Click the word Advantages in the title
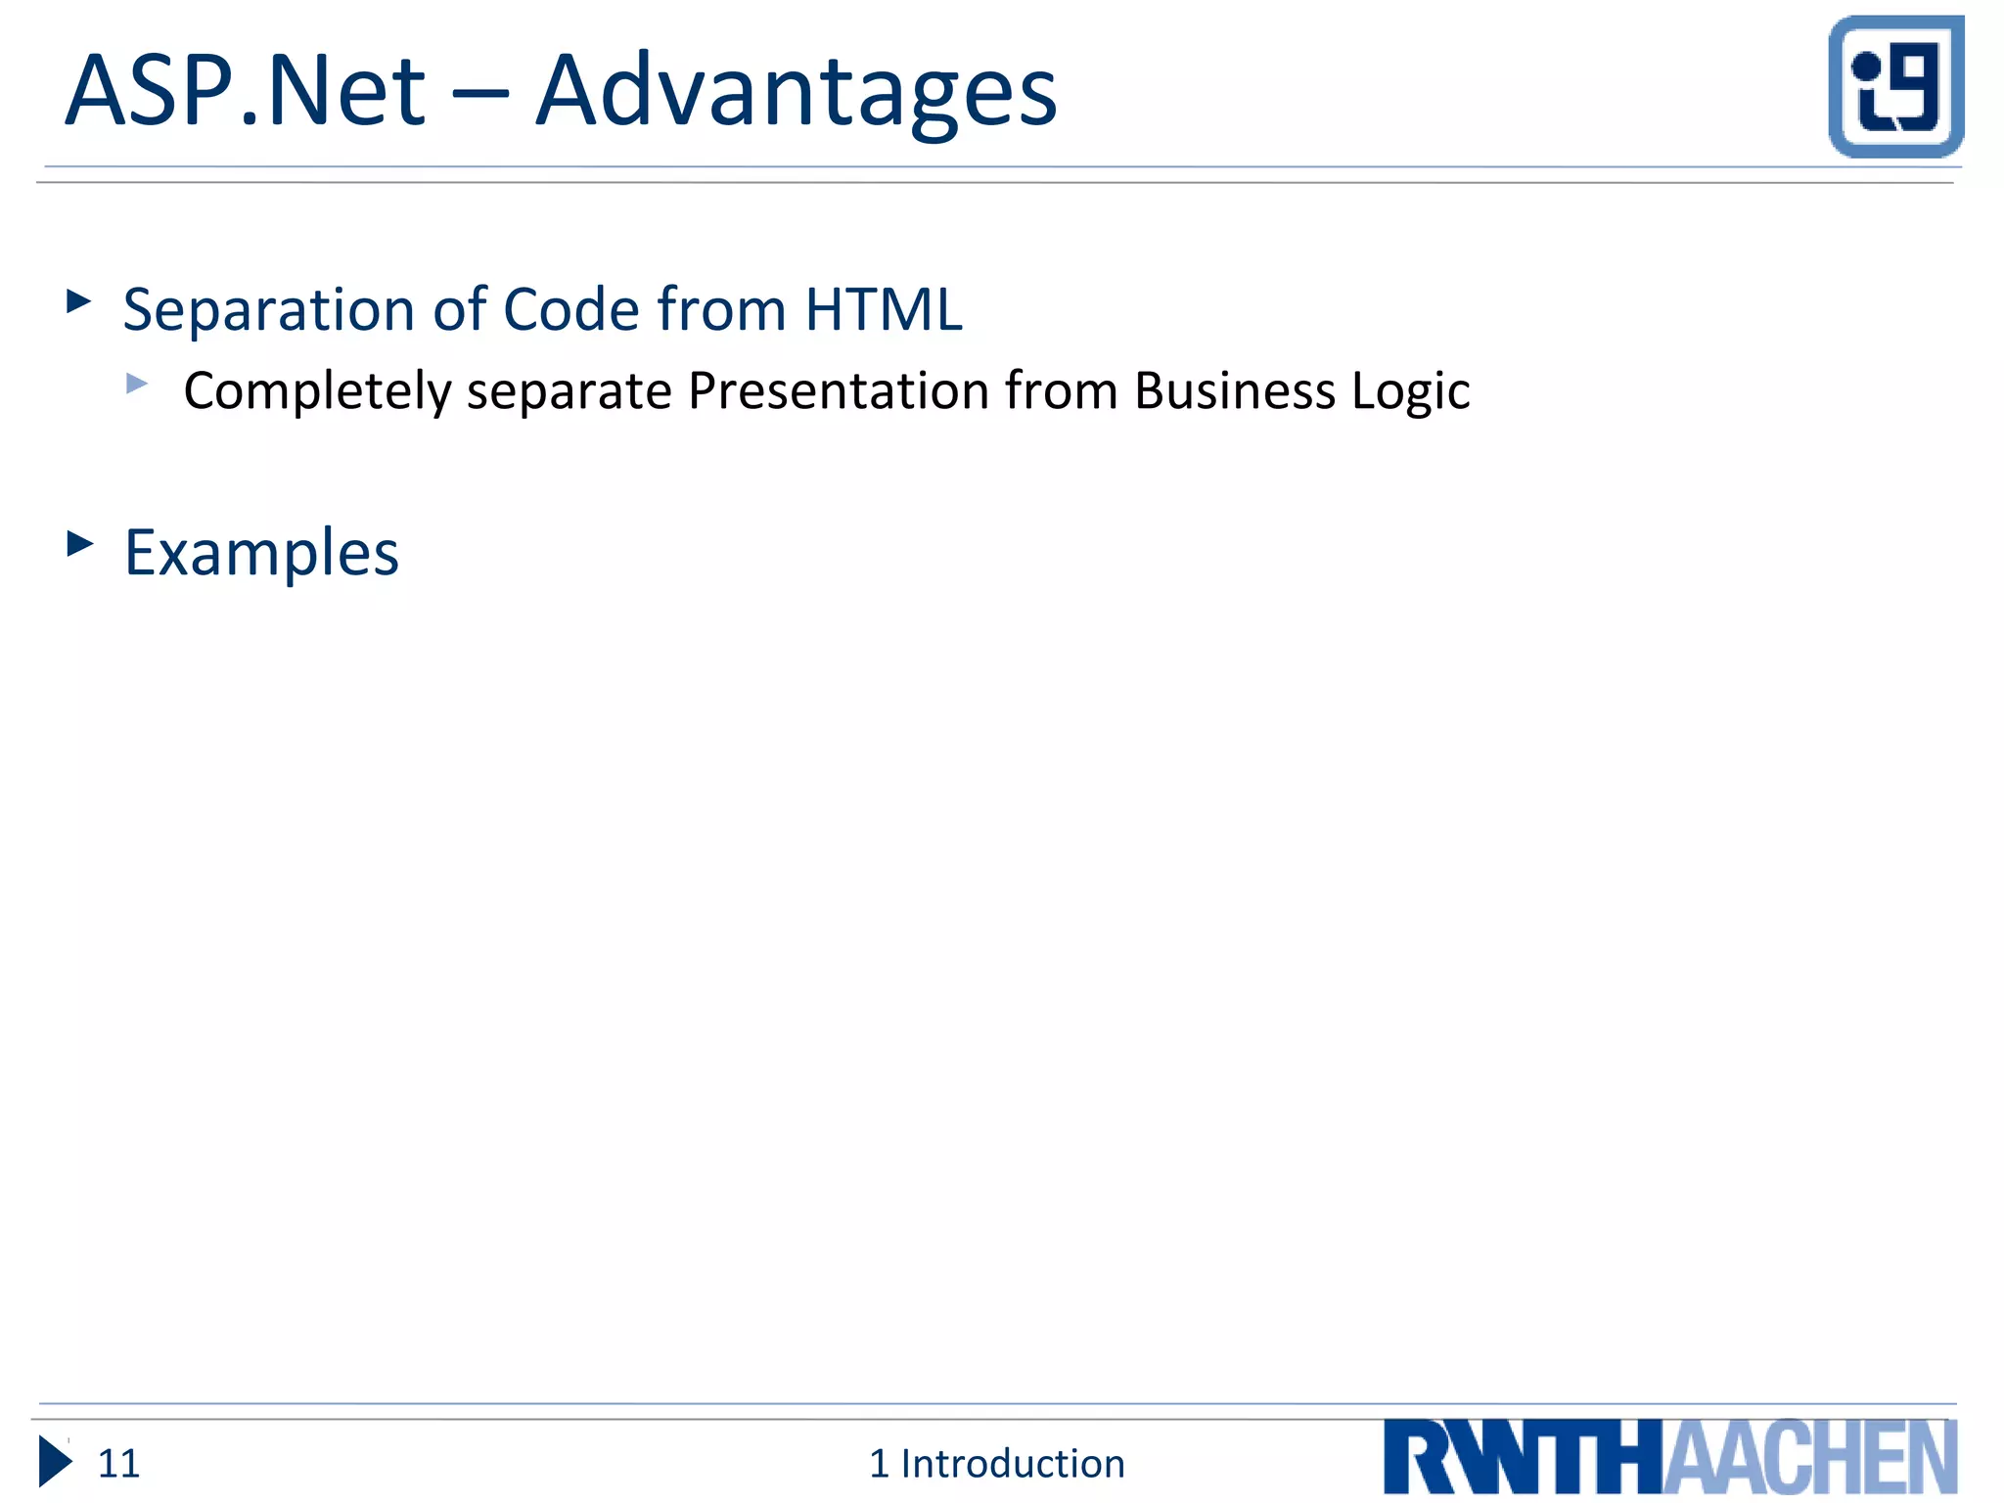pos(797,93)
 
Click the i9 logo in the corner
pos(1895,86)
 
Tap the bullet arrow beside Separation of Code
pos(78,301)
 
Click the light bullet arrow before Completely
pos(137,384)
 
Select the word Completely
pos(317,392)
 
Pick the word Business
pos(1234,390)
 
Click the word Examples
pos(261,554)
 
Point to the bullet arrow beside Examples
pos(79,543)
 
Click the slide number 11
pos(118,1464)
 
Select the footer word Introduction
pos(1012,1464)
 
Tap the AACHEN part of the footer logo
pos(1809,1458)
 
